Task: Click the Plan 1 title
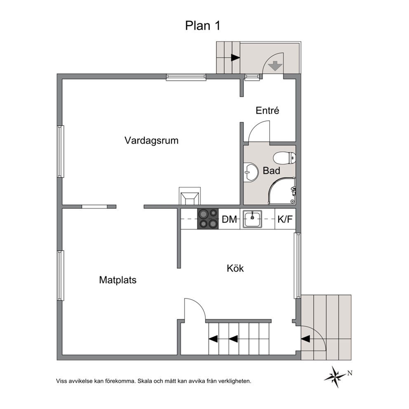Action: (x=203, y=26)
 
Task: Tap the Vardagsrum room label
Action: (x=151, y=140)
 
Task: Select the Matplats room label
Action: (x=118, y=280)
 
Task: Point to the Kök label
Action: (x=235, y=268)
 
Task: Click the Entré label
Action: (x=267, y=110)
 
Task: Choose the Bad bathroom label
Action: (x=271, y=171)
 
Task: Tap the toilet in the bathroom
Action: (x=284, y=158)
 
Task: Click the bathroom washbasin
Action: (x=251, y=172)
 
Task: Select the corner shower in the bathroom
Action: (x=282, y=190)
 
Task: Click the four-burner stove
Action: (x=208, y=219)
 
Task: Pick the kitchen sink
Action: (x=252, y=219)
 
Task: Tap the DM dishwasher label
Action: (x=229, y=219)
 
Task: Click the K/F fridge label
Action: (x=285, y=219)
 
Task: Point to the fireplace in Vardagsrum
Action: (x=190, y=196)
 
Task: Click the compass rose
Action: (x=335, y=376)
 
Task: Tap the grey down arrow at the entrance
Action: (x=275, y=66)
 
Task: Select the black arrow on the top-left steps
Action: (x=235, y=58)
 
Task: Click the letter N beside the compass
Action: (x=350, y=373)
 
